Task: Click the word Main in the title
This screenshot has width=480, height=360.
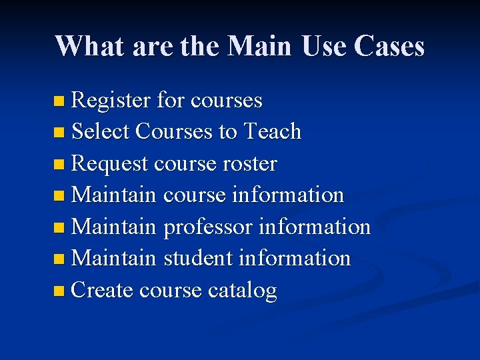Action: pos(260,46)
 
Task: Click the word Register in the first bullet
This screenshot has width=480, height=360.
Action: pos(111,101)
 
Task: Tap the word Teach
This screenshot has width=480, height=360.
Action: pos(273,132)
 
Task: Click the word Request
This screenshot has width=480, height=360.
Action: pos(109,164)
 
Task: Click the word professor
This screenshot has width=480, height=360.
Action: pos(207,227)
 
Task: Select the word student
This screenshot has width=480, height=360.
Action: pos(197,259)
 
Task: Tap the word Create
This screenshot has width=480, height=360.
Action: pos(102,290)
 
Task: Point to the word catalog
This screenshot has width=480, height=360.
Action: pos(242,291)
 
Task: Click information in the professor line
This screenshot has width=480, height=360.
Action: pos(314,227)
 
